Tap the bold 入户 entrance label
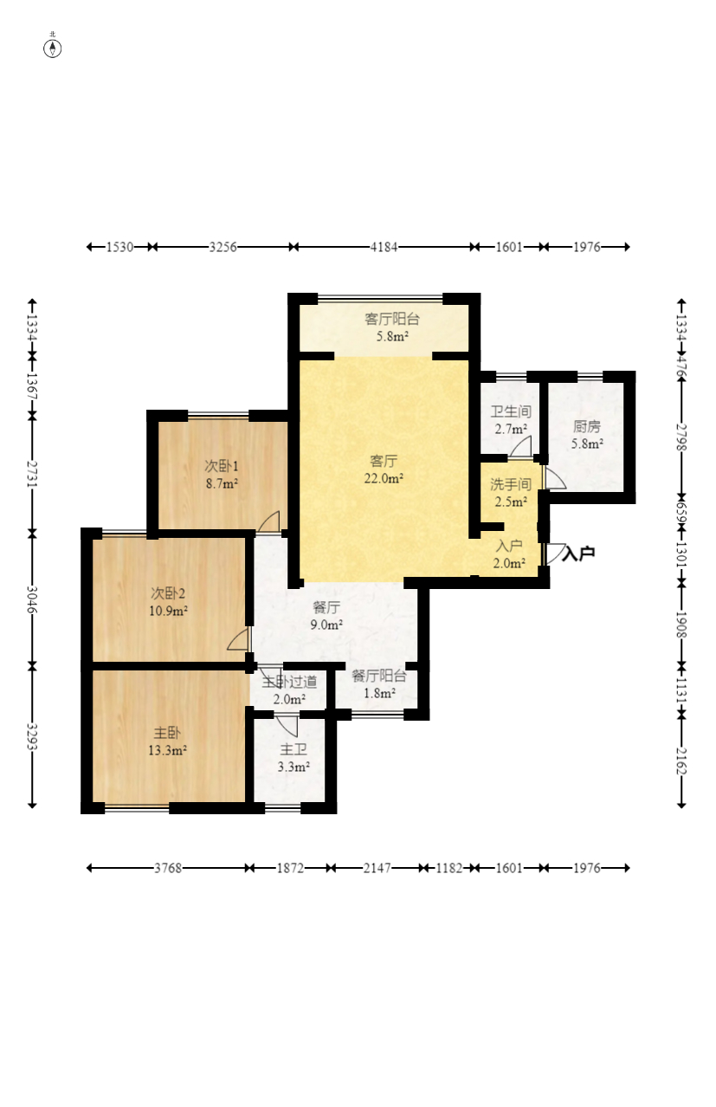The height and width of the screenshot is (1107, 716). (x=578, y=553)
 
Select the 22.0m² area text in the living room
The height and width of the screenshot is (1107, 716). (x=384, y=478)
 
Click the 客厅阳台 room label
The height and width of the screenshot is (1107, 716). (x=392, y=319)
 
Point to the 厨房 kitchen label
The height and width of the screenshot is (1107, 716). (x=587, y=426)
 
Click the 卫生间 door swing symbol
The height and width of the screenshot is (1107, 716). (x=520, y=446)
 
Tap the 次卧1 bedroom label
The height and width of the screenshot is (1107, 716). (x=222, y=466)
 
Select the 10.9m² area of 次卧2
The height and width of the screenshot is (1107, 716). (x=168, y=611)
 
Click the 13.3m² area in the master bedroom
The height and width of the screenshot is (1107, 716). (x=167, y=750)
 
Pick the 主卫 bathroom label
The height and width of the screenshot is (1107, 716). (x=293, y=750)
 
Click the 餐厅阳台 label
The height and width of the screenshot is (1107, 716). (x=379, y=676)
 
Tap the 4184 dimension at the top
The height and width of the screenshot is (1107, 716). (x=384, y=247)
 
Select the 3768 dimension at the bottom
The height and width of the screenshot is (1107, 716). (x=168, y=868)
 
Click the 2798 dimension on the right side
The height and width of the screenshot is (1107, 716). (x=681, y=437)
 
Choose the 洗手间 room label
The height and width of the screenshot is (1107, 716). (x=511, y=484)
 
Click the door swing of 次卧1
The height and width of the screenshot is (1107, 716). (x=268, y=521)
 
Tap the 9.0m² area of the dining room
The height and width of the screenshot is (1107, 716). (x=326, y=625)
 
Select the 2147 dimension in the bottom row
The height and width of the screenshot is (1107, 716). (x=377, y=868)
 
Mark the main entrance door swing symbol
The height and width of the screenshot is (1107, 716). (x=555, y=554)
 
